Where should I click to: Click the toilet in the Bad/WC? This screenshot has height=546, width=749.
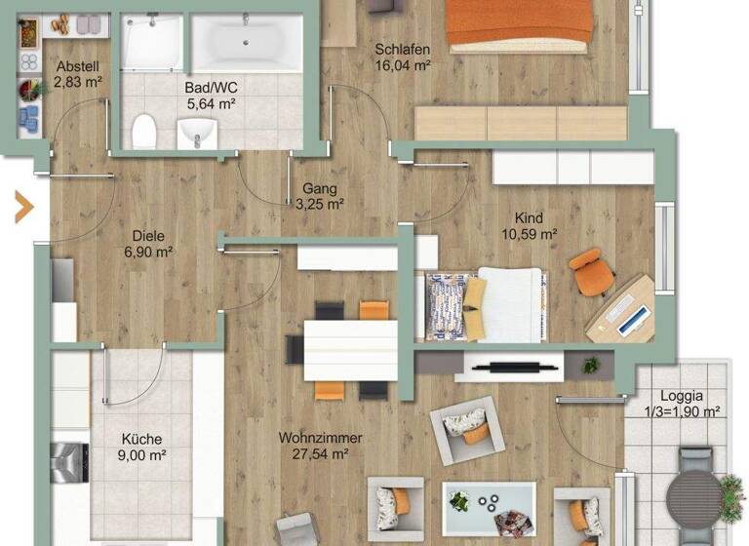tap(144, 129)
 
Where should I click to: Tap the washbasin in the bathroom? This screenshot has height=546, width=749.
tap(197, 132)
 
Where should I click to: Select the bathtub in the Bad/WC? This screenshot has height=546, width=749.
tap(246, 43)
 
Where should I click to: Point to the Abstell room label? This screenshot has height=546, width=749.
tap(78, 66)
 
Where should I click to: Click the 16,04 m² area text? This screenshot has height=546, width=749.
tap(403, 65)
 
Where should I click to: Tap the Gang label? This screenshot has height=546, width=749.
tap(319, 188)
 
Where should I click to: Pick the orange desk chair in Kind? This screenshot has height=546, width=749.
tap(589, 271)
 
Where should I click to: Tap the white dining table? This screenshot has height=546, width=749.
tap(350, 350)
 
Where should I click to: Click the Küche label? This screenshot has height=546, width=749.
tap(141, 439)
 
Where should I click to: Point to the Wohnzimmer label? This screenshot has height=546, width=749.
tap(320, 438)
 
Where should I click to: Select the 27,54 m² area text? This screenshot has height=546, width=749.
tap(320, 453)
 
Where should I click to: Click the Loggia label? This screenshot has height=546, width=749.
tap(681, 396)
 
